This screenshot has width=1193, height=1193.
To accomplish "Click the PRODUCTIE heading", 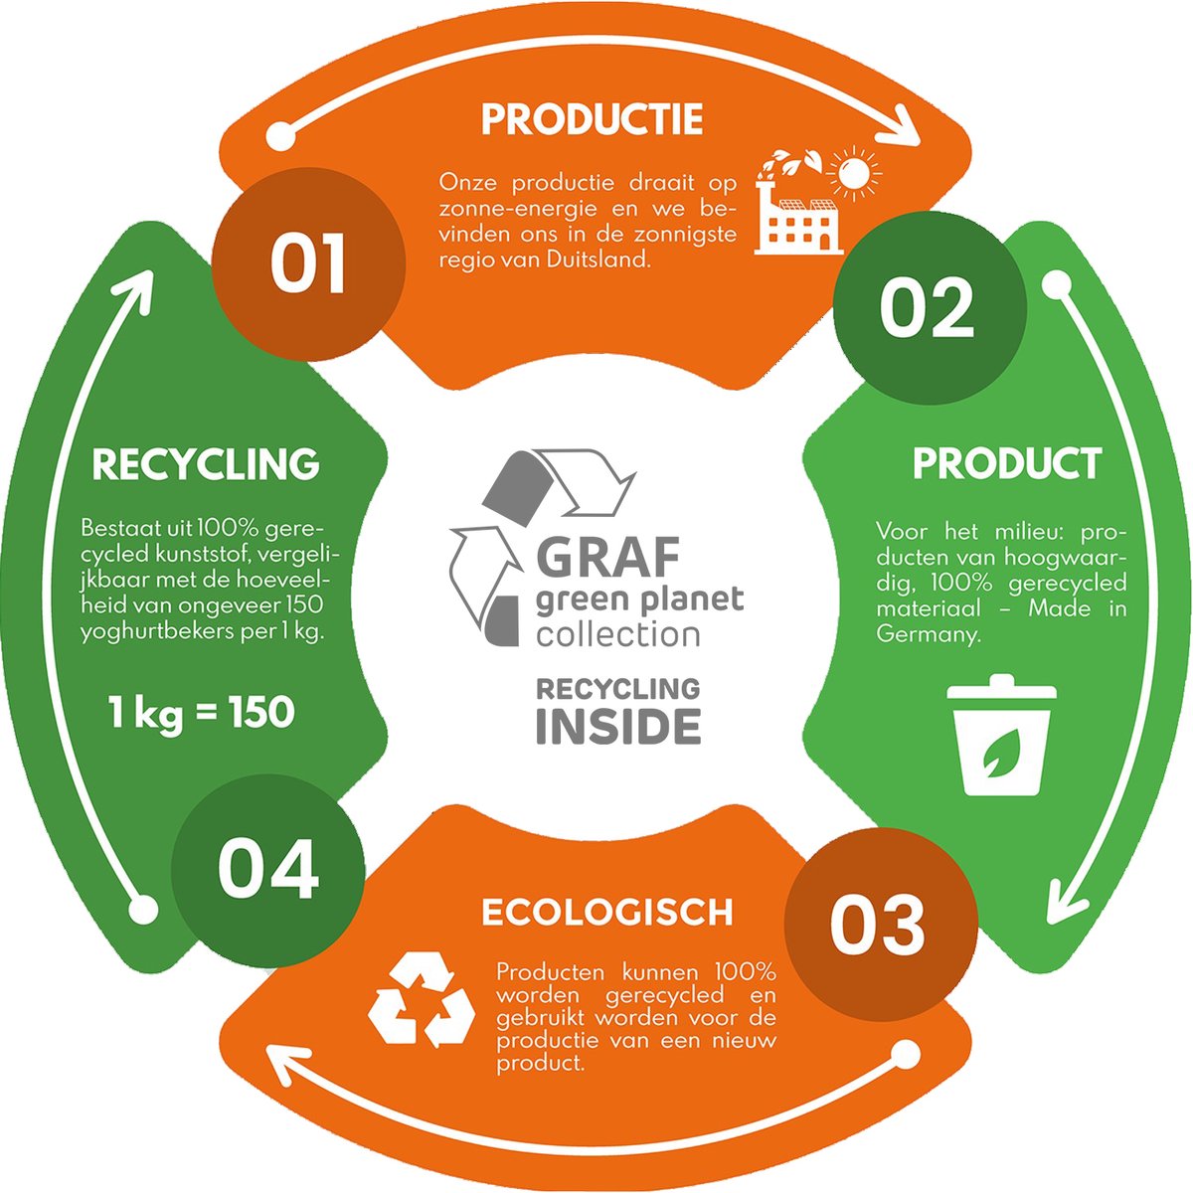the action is (x=592, y=119).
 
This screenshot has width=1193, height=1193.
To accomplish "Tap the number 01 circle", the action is (x=308, y=264).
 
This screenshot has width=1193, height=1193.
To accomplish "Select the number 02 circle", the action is (x=930, y=307).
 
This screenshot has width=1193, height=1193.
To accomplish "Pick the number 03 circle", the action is (x=881, y=925).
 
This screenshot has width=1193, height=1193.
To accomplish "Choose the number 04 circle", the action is (x=268, y=871).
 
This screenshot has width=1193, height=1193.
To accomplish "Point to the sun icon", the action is (x=854, y=173).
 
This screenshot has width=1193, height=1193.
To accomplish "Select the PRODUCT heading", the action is (x=1007, y=463).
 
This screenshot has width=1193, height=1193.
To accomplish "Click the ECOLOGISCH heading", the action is (x=607, y=913).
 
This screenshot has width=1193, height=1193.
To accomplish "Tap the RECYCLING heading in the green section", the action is (x=206, y=464).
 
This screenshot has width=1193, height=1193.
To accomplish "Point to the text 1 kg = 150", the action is (x=202, y=713).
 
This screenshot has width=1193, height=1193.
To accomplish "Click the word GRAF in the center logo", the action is (x=608, y=557).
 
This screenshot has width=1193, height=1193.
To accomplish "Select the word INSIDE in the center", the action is (x=618, y=725).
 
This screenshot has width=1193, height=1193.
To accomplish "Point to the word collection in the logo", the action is (x=617, y=634).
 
